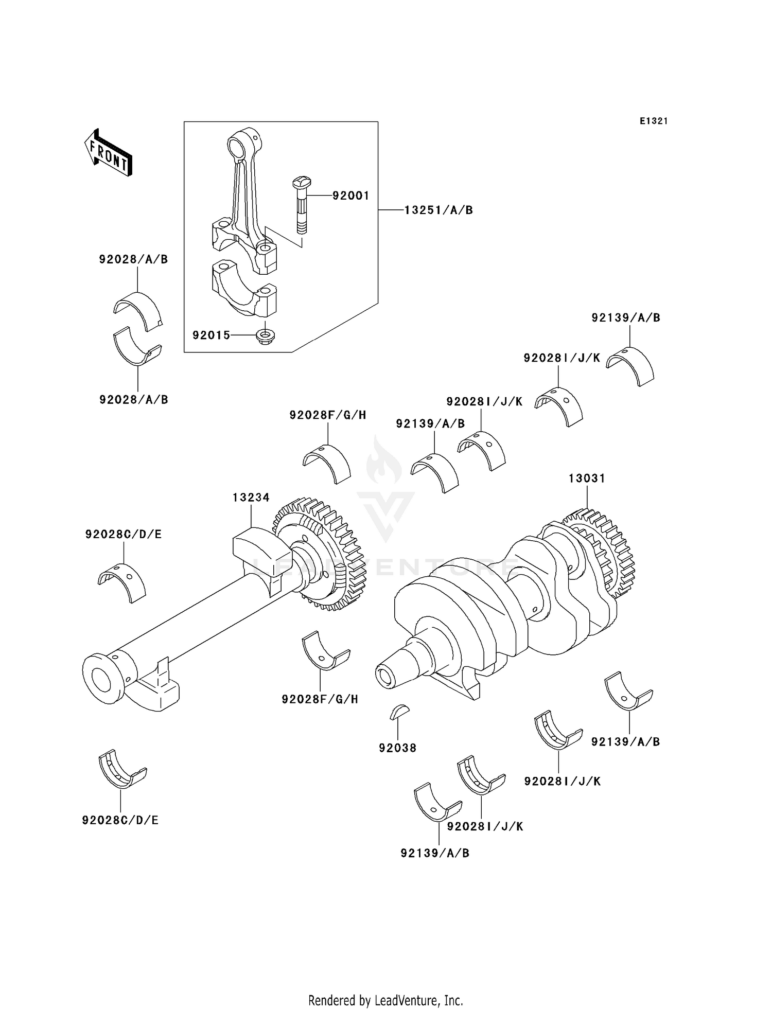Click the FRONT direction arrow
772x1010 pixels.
(108, 153)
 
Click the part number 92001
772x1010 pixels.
(350, 196)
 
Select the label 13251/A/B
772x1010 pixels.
(438, 210)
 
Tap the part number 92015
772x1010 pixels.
(211, 335)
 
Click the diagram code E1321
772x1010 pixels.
(654, 121)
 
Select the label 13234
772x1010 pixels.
(251, 498)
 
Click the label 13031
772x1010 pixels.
(587, 479)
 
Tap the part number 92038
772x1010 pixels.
(397, 748)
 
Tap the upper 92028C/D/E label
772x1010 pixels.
(124, 535)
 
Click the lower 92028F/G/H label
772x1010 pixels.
(320, 699)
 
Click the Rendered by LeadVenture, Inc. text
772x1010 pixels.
(385, 1001)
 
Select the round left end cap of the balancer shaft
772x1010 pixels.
(103, 678)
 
